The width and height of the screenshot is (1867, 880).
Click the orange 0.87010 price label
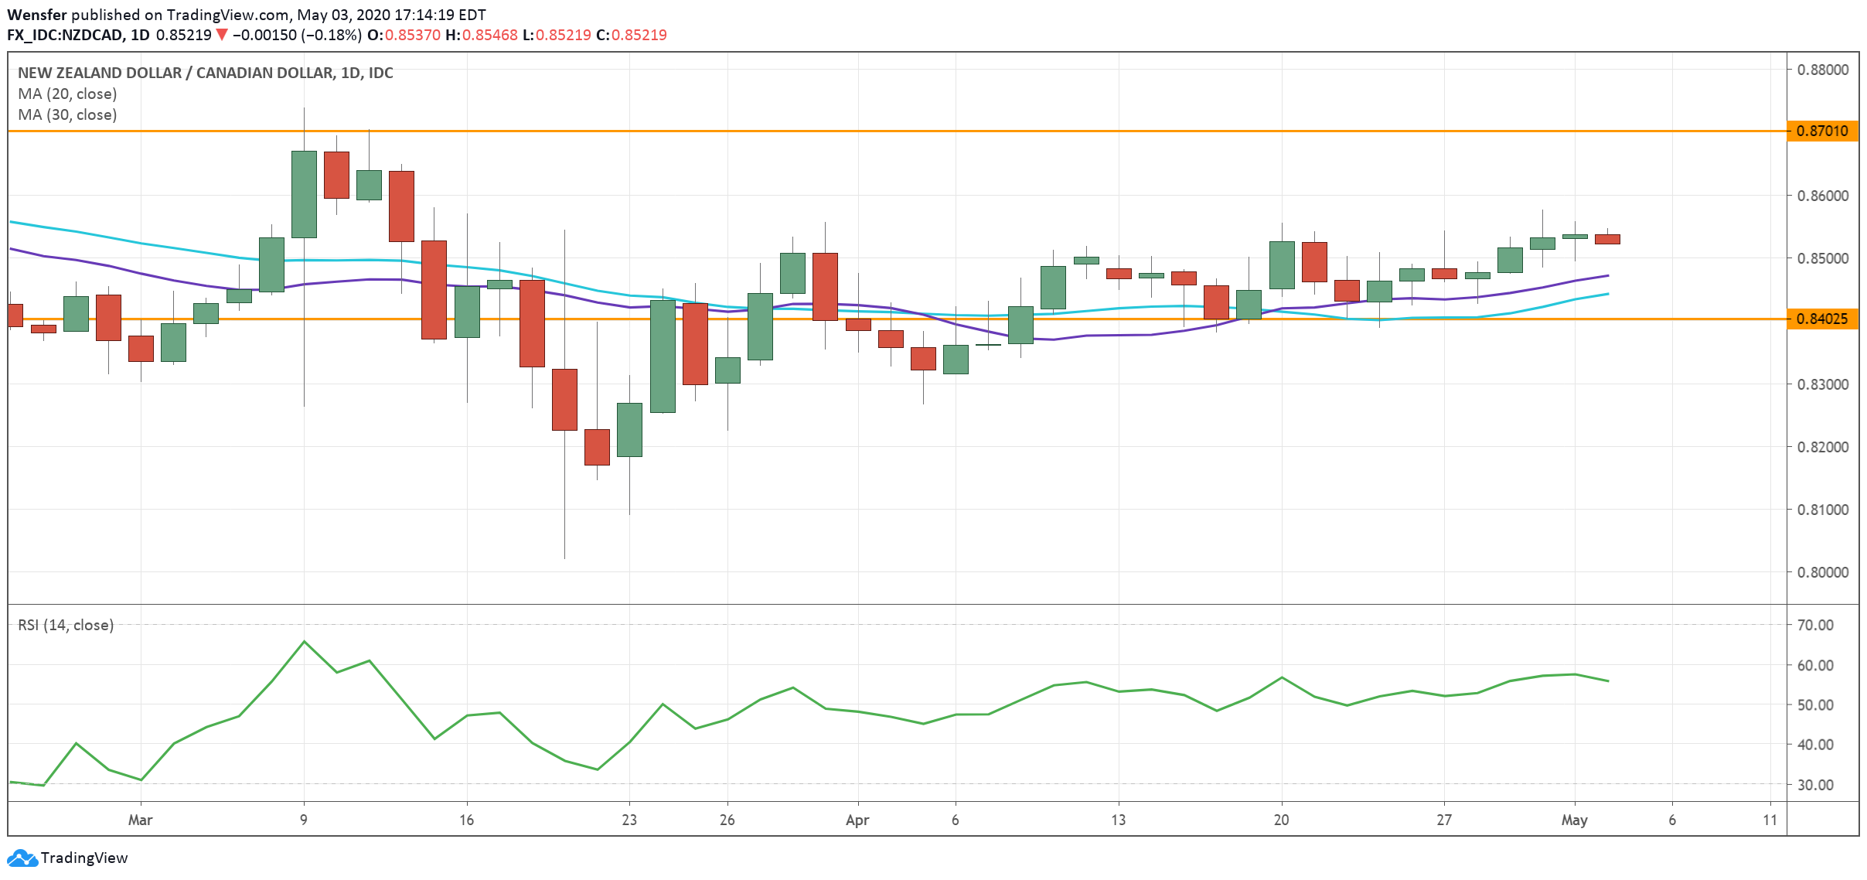tap(1822, 131)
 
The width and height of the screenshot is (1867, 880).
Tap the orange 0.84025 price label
tap(1822, 319)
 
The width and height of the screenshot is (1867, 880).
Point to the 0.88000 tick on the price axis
tap(1822, 70)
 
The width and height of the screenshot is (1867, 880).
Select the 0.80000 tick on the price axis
tap(1822, 572)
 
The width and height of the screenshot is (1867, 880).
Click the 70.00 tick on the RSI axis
tap(1814, 625)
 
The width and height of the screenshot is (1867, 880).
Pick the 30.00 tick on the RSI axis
tap(1814, 785)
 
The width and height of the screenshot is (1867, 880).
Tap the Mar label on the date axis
tap(140, 820)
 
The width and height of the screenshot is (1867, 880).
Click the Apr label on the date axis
tap(857, 820)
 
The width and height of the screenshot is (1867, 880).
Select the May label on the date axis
tap(1574, 820)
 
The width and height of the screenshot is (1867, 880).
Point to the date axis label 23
tap(629, 820)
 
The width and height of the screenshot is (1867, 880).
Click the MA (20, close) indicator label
tap(67, 94)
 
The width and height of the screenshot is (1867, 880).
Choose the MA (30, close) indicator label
tap(67, 114)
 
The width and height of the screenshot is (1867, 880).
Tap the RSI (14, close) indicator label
tap(66, 625)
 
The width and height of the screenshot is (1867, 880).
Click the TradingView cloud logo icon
tap(22, 858)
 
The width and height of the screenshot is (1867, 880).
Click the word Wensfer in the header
tap(36, 15)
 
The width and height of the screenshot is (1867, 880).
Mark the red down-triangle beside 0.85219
tap(222, 35)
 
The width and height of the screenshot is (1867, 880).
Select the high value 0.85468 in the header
tap(490, 35)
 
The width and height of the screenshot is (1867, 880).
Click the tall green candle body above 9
tap(304, 194)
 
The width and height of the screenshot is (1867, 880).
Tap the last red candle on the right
tap(1607, 239)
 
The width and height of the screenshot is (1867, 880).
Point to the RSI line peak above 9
tap(304, 641)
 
